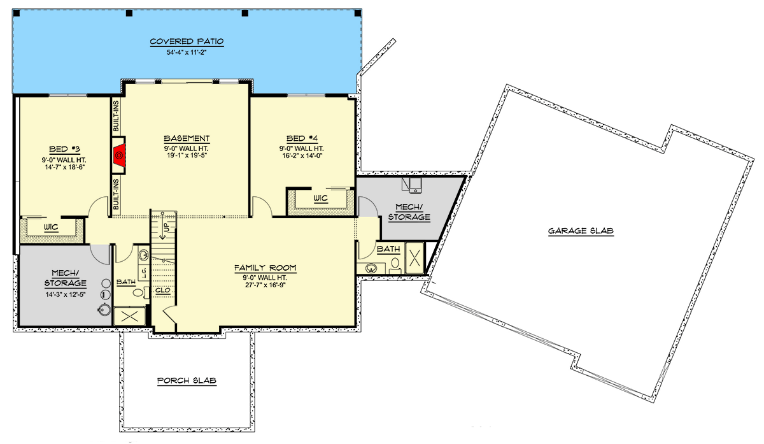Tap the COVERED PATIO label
pos(187,42)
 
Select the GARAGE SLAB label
pos(580,231)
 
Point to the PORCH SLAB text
pos(187,381)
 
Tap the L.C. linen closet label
pos(144,273)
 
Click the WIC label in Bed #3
pos(52,227)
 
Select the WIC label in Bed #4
pos(320,198)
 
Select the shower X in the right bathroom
pos(414,258)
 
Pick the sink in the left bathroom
pos(144,255)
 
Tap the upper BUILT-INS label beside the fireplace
pos(117,116)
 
